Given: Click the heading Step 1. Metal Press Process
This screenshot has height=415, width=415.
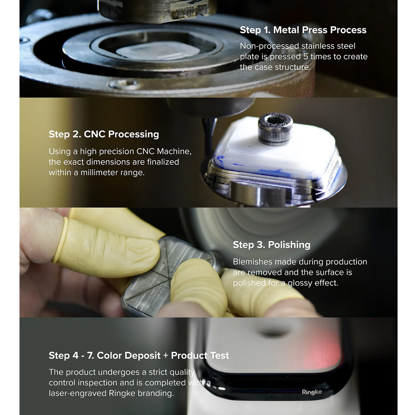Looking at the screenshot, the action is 303,30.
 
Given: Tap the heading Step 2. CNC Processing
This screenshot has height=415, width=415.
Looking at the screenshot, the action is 104,134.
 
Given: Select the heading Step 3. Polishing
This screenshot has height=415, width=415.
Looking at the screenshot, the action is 271,245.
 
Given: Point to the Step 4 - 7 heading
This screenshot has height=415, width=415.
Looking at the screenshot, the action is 139,356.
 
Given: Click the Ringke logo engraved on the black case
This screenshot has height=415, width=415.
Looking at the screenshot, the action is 312,392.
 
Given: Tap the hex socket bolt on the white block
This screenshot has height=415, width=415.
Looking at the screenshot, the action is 276,129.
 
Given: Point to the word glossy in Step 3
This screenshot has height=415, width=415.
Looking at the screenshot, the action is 300,283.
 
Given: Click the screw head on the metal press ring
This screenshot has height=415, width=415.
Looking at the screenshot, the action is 125,84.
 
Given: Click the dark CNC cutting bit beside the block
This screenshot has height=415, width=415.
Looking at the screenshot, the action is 209,138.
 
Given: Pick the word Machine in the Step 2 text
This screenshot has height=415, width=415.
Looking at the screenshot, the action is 174,151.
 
